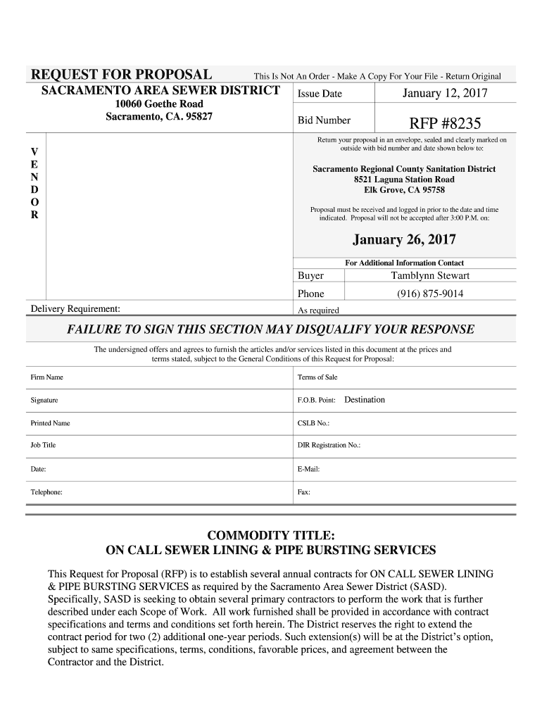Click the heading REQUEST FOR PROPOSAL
pos(120,75)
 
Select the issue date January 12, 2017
pos(444,94)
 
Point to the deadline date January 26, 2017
pos(404,240)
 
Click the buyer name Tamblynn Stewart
pos(429,275)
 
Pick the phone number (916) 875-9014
pos(430,294)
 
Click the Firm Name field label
pos(46,377)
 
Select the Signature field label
pos(44,400)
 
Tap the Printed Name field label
pos(50,423)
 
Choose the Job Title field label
pos(43,445)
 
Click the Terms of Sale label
pos(317,377)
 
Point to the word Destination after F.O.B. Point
pos(365,400)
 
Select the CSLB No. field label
pos(314,423)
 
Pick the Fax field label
pos(304,492)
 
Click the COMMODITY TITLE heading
pos(270,534)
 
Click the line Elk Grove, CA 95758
pos(404,190)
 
